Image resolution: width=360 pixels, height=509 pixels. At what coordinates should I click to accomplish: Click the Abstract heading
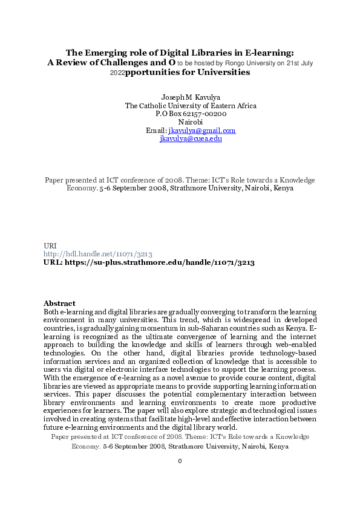click(x=59, y=303)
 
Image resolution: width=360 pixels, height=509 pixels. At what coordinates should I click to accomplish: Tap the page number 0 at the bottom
click(x=180, y=461)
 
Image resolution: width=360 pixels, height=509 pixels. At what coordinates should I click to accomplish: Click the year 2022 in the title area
click(x=117, y=73)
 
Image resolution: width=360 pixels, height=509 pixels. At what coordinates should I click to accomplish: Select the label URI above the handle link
click(x=50, y=245)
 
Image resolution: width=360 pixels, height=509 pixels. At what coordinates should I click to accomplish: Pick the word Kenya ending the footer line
click(x=277, y=447)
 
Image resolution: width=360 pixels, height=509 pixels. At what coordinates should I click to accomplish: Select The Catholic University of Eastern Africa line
click(x=182, y=106)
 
